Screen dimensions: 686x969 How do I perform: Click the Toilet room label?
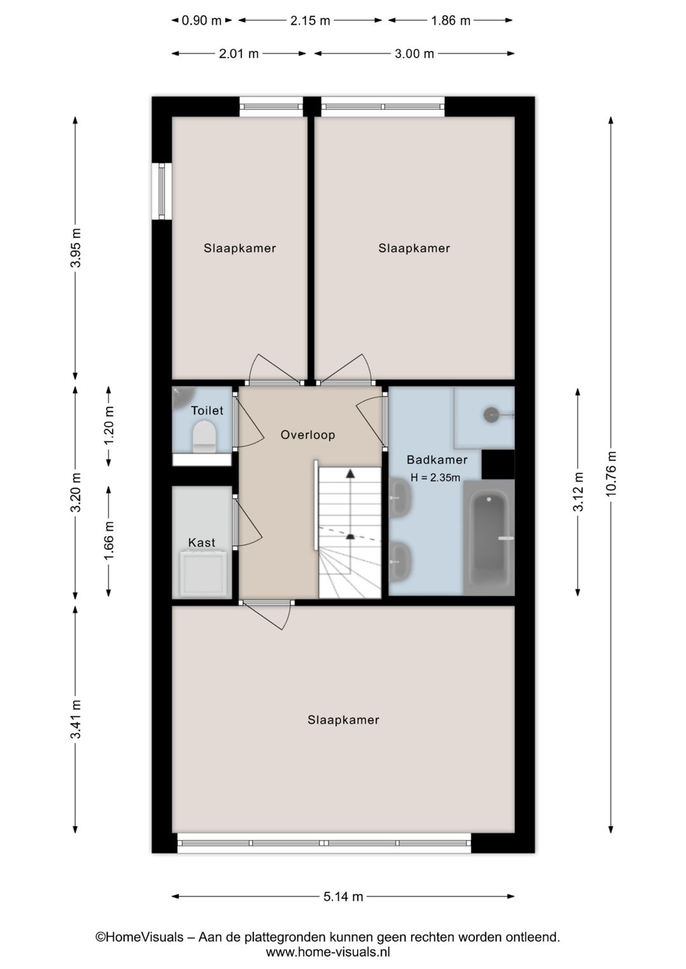pos(207,410)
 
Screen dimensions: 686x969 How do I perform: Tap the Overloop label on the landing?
pos(307,434)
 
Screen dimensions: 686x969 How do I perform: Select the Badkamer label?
pos(437,459)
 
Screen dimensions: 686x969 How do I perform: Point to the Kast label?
pos(202,542)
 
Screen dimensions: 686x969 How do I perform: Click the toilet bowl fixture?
pos(205,437)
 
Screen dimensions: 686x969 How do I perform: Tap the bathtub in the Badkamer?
pos(489,537)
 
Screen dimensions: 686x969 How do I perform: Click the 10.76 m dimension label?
pos(611,474)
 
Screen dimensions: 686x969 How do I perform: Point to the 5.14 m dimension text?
pos(343,897)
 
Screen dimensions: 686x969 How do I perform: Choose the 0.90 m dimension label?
pos(201,20)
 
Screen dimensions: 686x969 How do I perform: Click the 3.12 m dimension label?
pos(578,491)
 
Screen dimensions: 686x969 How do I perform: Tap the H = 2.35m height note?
pos(435,478)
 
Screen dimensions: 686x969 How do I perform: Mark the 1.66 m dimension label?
pos(109,540)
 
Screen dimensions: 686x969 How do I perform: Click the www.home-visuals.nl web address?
pos(328,952)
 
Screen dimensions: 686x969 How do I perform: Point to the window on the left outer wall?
pos(162,191)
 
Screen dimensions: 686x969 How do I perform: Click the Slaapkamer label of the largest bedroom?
pos(343,719)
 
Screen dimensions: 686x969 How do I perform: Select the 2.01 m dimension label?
pos(238,53)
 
